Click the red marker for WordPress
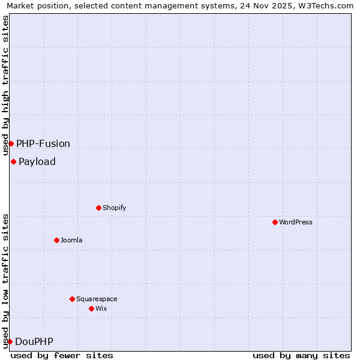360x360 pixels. [x=275, y=222]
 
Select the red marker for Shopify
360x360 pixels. [x=98, y=208]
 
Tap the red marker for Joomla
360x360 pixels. [x=56, y=240]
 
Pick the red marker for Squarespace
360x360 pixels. [x=72, y=299]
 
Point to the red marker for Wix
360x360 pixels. [x=91, y=308]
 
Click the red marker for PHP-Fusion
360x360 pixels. [x=11, y=143]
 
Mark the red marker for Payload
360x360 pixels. [x=13, y=161]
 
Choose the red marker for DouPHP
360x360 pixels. [x=10, y=341]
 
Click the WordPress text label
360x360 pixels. [x=296, y=222]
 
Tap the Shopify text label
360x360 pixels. [x=114, y=208]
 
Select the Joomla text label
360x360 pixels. [x=71, y=240]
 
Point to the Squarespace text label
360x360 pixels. [x=97, y=299]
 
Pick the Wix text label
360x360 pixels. [x=101, y=308]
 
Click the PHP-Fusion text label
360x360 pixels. [x=43, y=143]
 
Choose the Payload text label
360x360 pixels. [x=37, y=161]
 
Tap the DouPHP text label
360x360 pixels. [x=34, y=341]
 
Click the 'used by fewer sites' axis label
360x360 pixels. [x=62, y=355]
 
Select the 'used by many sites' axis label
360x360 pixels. [x=301, y=355]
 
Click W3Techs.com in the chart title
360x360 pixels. [x=324, y=6]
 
